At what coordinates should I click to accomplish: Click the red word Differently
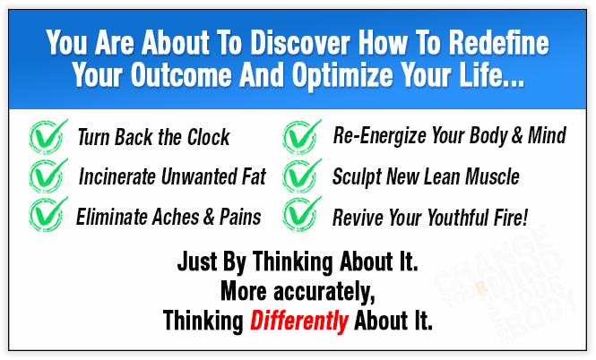299,321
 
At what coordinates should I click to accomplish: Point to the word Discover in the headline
300,42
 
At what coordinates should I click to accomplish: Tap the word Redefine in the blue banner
498,42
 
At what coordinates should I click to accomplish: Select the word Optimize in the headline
342,74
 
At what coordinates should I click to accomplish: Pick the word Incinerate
117,176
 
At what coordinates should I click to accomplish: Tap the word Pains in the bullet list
240,217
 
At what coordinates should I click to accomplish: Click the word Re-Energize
381,136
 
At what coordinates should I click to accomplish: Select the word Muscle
492,176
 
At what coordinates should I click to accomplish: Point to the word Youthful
458,218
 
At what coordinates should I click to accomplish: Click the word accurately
324,293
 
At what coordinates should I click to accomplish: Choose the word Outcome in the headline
181,74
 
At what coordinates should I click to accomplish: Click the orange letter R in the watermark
481,287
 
